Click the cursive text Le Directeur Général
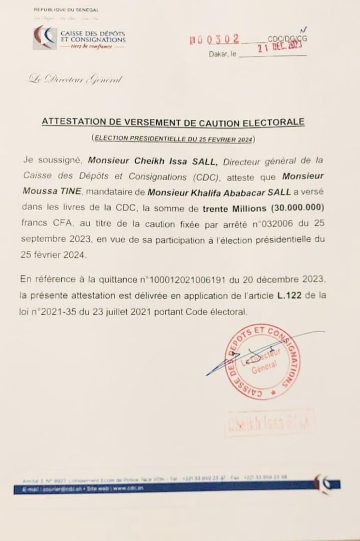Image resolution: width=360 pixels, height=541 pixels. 75,80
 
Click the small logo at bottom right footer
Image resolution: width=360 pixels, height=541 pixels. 324,482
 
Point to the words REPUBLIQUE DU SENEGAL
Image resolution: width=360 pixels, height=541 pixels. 66,10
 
